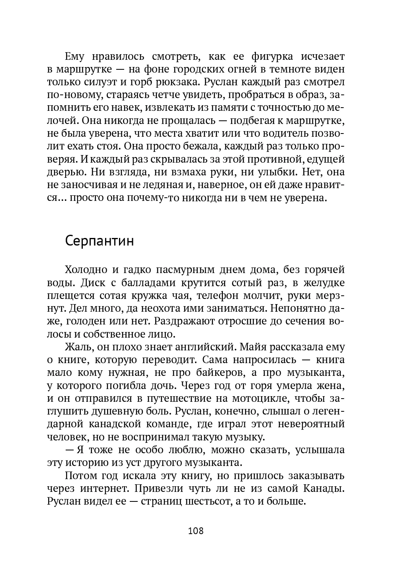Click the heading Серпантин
[99, 241]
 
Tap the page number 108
[195, 531]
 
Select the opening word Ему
[74, 56]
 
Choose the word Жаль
[78, 347]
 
